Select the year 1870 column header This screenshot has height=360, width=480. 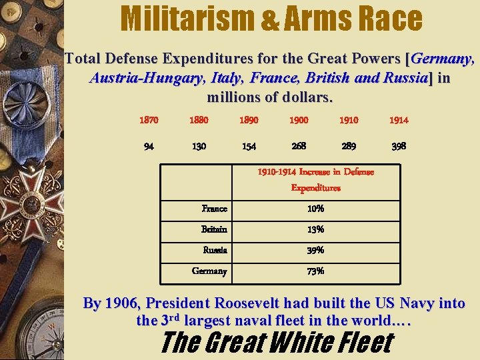pyautogui.click(x=149, y=120)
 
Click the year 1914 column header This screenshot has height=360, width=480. pyautogui.click(x=399, y=120)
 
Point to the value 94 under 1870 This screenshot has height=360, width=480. pyautogui.click(x=149, y=146)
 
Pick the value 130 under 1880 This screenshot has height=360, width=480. pyautogui.click(x=199, y=146)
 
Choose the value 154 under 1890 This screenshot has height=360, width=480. pyautogui.click(x=249, y=146)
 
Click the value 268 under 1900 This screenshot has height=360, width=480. pyautogui.click(x=299, y=145)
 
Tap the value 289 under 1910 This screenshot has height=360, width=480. pyautogui.click(x=349, y=145)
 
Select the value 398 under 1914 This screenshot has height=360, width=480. pyautogui.click(x=399, y=145)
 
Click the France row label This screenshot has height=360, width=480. pyautogui.click(x=214, y=209)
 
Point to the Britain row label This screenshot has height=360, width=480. pyautogui.click(x=214, y=229)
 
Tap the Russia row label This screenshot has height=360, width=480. pyautogui.click(x=215, y=250)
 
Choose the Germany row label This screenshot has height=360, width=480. pyautogui.click(x=209, y=271)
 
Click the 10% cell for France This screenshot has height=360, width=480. pyautogui.click(x=315, y=209)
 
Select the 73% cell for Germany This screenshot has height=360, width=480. pyautogui.click(x=315, y=271)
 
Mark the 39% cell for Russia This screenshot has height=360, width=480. pyautogui.click(x=315, y=250)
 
